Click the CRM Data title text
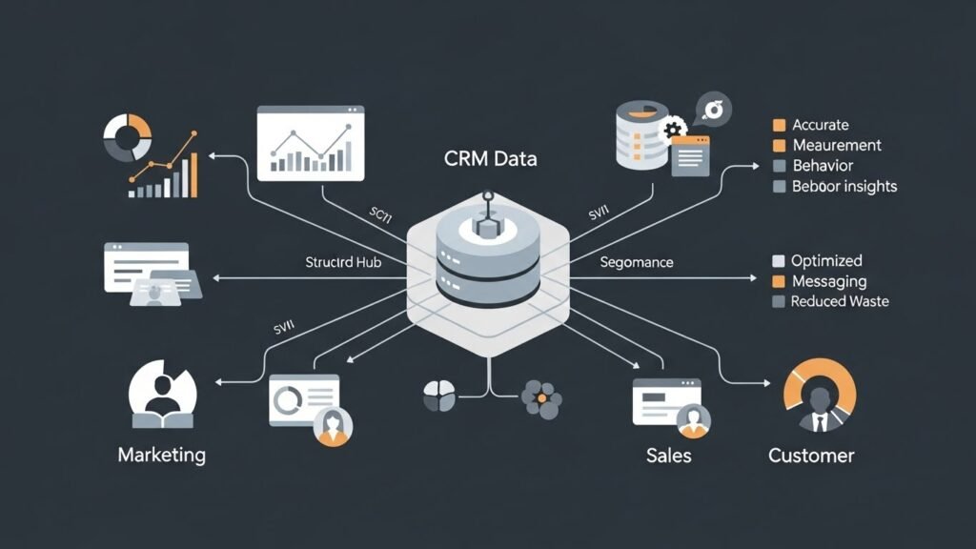(x=490, y=158)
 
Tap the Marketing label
(x=161, y=454)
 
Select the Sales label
(x=668, y=455)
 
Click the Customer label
(x=811, y=455)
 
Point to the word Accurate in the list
(x=820, y=125)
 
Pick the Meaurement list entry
(x=836, y=145)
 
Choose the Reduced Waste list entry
(x=840, y=301)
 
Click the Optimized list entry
(x=826, y=260)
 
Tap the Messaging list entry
(x=829, y=281)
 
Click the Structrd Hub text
(x=343, y=261)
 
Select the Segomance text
(x=637, y=261)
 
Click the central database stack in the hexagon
(x=488, y=257)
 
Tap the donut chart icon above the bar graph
(x=127, y=137)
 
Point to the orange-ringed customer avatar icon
(x=819, y=396)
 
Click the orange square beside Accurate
(x=779, y=125)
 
